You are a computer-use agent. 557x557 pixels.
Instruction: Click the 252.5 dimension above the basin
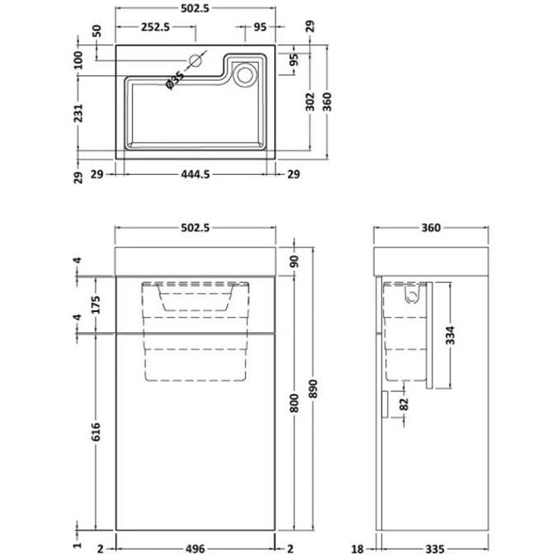coord(155,26)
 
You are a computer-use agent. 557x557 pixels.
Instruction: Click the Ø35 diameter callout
coord(175,82)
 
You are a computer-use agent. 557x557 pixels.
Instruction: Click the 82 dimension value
coord(404,405)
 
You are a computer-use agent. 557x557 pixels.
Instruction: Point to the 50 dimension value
coord(97,31)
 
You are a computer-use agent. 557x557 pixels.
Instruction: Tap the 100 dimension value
coord(79,59)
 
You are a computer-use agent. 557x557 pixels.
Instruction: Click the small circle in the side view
coord(413,293)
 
